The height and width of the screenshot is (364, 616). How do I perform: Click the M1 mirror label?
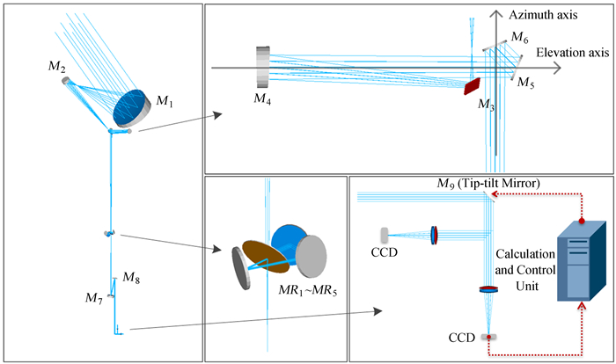click(165, 104)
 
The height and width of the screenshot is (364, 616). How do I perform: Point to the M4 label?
click(261, 98)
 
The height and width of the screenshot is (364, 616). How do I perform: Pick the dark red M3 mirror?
click(472, 84)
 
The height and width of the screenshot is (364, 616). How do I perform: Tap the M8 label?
click(130, 279)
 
